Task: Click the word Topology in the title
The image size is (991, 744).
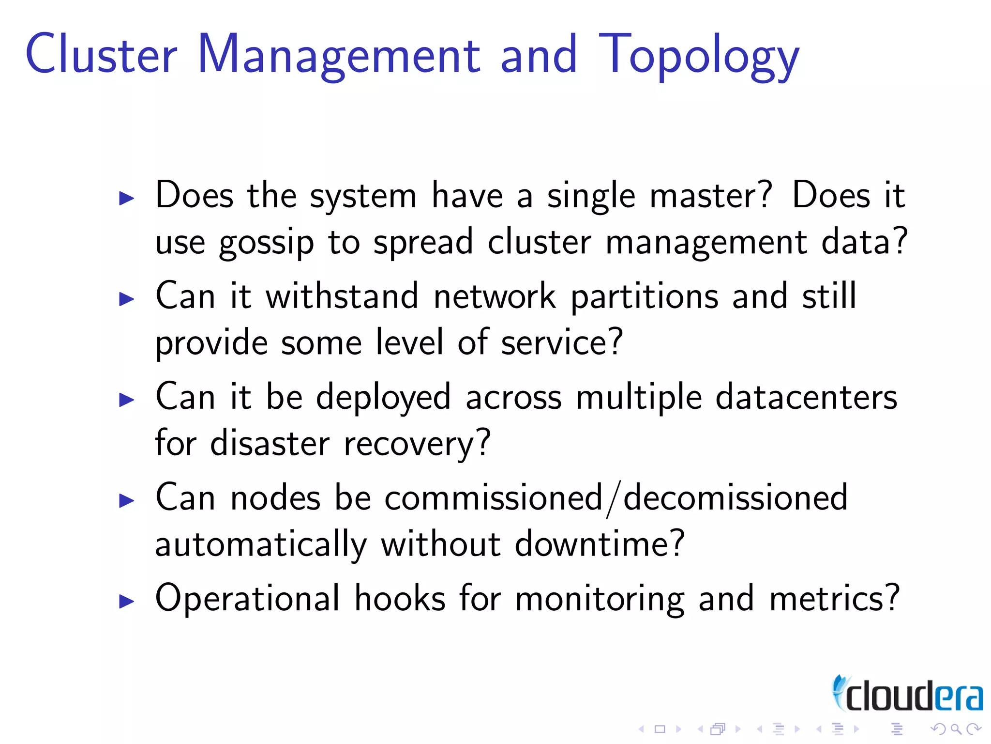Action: coord(699,56)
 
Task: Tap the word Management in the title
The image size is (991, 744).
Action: coord(339,56)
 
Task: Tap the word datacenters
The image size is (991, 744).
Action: coord(806,397)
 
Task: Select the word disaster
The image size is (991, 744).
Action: coord(270,443)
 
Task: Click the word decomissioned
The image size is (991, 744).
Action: coord(736,497)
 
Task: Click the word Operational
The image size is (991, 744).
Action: coord(247,599)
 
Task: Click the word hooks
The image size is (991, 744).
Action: coord(400,599)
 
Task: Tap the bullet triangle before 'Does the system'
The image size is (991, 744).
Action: coord(126,198)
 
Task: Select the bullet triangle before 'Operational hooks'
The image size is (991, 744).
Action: coord(126,602)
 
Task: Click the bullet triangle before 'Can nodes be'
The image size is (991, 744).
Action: coord(126,500)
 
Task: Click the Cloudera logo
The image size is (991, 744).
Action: coord(907,695)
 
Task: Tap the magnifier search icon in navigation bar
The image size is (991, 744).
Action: coord(956,729)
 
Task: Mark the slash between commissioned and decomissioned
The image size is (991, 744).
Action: coord(613,499)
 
